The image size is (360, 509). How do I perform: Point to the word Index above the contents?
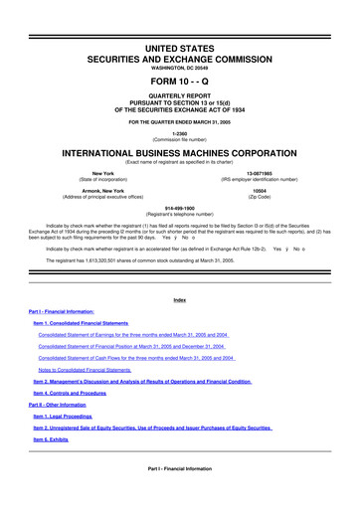point(180,271)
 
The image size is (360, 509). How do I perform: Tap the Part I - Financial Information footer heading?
point(180,467)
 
